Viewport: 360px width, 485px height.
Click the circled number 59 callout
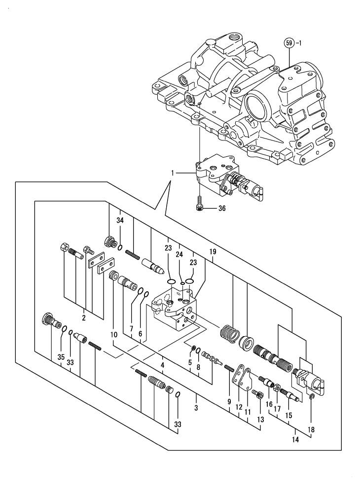click(x=289, y=43)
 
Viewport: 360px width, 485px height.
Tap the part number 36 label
click(x=221, y=209)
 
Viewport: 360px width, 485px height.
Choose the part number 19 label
click(x=213, y=251)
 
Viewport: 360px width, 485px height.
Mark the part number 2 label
click(x=84, y=318)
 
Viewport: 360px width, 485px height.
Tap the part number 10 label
click(x=113, y=334)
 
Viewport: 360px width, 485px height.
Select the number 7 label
click(x=132, y=328)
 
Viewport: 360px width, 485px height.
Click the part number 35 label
click(x=61, y=356)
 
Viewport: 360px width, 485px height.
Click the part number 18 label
click(x=311, y=429)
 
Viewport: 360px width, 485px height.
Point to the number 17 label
click(x=277, y=409)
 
